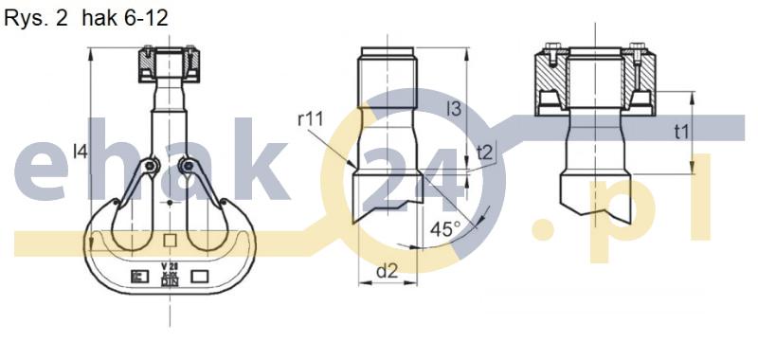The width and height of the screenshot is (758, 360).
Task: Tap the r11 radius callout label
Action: pos(310,118)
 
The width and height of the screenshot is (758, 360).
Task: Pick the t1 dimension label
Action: pos(680,132)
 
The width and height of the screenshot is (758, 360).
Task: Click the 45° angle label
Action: pos(444,229)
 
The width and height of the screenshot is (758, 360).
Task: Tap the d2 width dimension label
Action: pos(387,272)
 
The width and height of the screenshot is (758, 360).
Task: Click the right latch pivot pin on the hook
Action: pos(190,168)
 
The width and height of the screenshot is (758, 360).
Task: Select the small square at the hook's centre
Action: pos(170,240)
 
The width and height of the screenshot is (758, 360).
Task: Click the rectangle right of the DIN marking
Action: pos(203,276)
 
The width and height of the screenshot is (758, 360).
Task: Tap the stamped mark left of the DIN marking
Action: pos(135,276)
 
